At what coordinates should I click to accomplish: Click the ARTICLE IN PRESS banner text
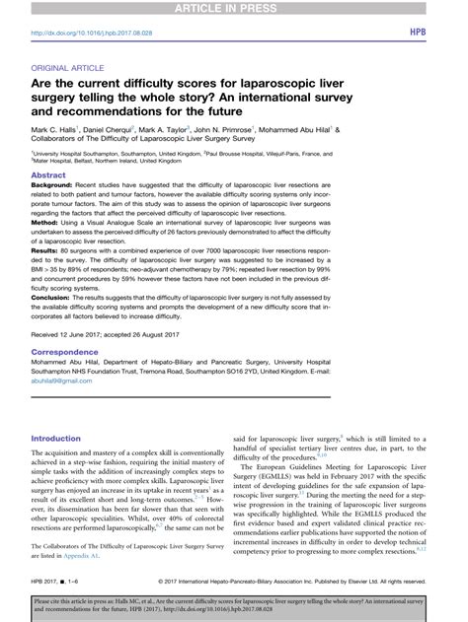coord(234,8)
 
